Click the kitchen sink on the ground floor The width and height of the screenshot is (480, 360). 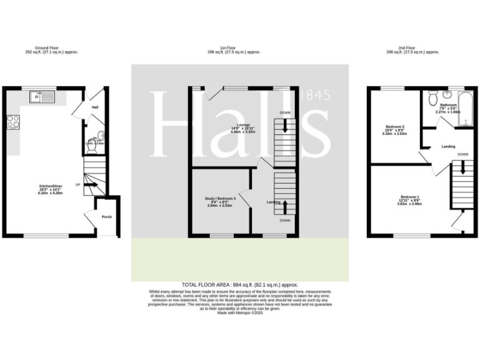pyautogui.click(x=43, y=97)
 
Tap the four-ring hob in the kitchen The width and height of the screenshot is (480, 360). pyautogui.click(x=12, y=122)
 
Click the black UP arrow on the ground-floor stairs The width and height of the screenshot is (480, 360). pyautogui.click(x=91, y=185)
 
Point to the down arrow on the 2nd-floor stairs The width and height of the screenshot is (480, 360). pyautogui.click(x=462, y=167)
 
